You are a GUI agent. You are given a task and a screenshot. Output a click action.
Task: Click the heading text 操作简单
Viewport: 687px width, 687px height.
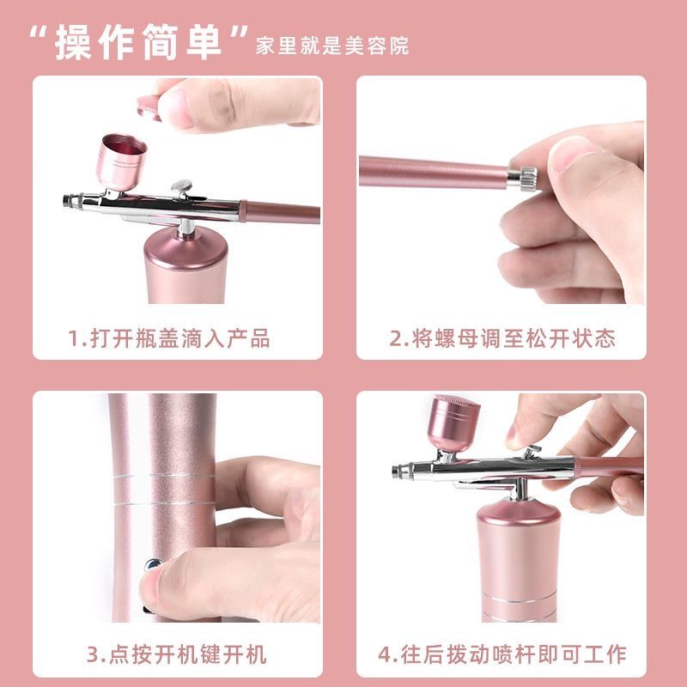138,41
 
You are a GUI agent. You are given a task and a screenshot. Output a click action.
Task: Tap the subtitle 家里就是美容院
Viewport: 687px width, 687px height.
332,46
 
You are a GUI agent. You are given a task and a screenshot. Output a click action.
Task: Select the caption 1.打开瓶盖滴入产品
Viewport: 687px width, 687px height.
169,338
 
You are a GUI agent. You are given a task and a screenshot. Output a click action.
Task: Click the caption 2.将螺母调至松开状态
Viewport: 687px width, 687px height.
502,338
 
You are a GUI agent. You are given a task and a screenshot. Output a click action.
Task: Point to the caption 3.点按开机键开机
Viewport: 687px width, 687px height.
177,655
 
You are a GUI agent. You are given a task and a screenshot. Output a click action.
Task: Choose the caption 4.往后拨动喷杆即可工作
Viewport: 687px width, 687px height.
502,655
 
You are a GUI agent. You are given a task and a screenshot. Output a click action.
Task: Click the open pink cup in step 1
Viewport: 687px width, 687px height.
121,161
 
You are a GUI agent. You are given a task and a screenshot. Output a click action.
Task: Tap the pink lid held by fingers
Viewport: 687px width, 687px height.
149,107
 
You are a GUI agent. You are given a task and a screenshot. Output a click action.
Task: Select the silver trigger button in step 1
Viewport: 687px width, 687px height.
181,187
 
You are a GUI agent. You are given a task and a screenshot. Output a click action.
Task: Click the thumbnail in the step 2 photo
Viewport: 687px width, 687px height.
573,155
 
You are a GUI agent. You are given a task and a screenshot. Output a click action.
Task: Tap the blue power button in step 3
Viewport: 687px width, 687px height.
153,564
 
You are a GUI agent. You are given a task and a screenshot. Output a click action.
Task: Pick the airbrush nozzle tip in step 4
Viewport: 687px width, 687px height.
397,471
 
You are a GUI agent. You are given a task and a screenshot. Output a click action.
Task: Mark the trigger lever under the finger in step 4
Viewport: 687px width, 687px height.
532,452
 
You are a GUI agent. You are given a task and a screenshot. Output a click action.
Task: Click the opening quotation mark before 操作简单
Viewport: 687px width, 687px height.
40,33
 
